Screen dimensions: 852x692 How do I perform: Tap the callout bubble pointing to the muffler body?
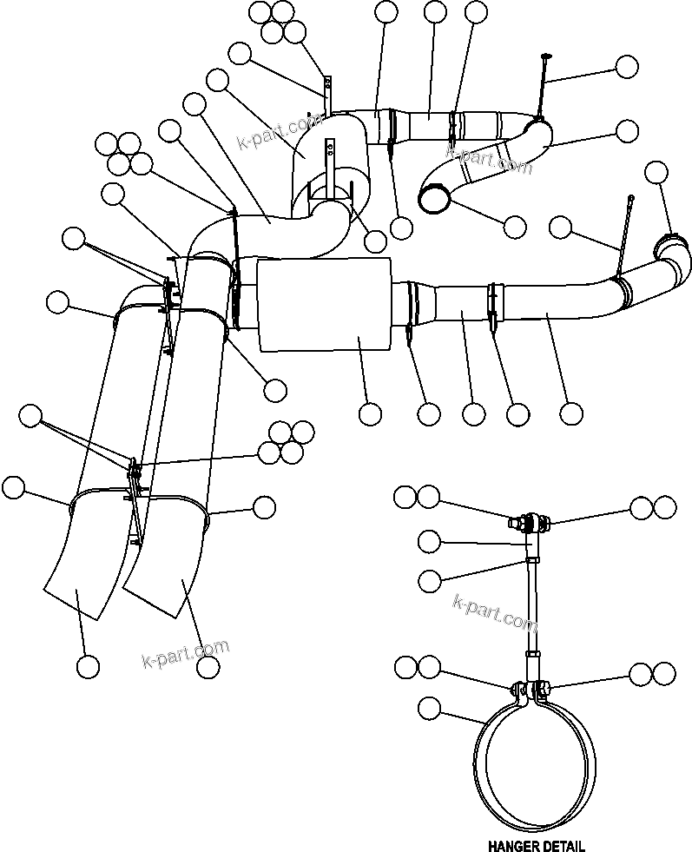click(371, 414)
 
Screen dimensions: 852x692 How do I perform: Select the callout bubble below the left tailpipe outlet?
click(87, 666)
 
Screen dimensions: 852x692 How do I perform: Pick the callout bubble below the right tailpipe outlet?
click(207, 666)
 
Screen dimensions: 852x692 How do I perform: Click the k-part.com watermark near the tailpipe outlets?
click(185, 656)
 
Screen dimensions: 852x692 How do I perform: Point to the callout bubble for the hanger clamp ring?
click(429, 708)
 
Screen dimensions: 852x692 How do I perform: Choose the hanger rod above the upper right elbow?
click(544, 87)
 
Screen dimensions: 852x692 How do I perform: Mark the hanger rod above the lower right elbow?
click(627, 234)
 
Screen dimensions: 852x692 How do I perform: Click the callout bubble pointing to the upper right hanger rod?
click(627, 67)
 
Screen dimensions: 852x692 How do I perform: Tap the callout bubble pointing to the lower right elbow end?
click(658, 172)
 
